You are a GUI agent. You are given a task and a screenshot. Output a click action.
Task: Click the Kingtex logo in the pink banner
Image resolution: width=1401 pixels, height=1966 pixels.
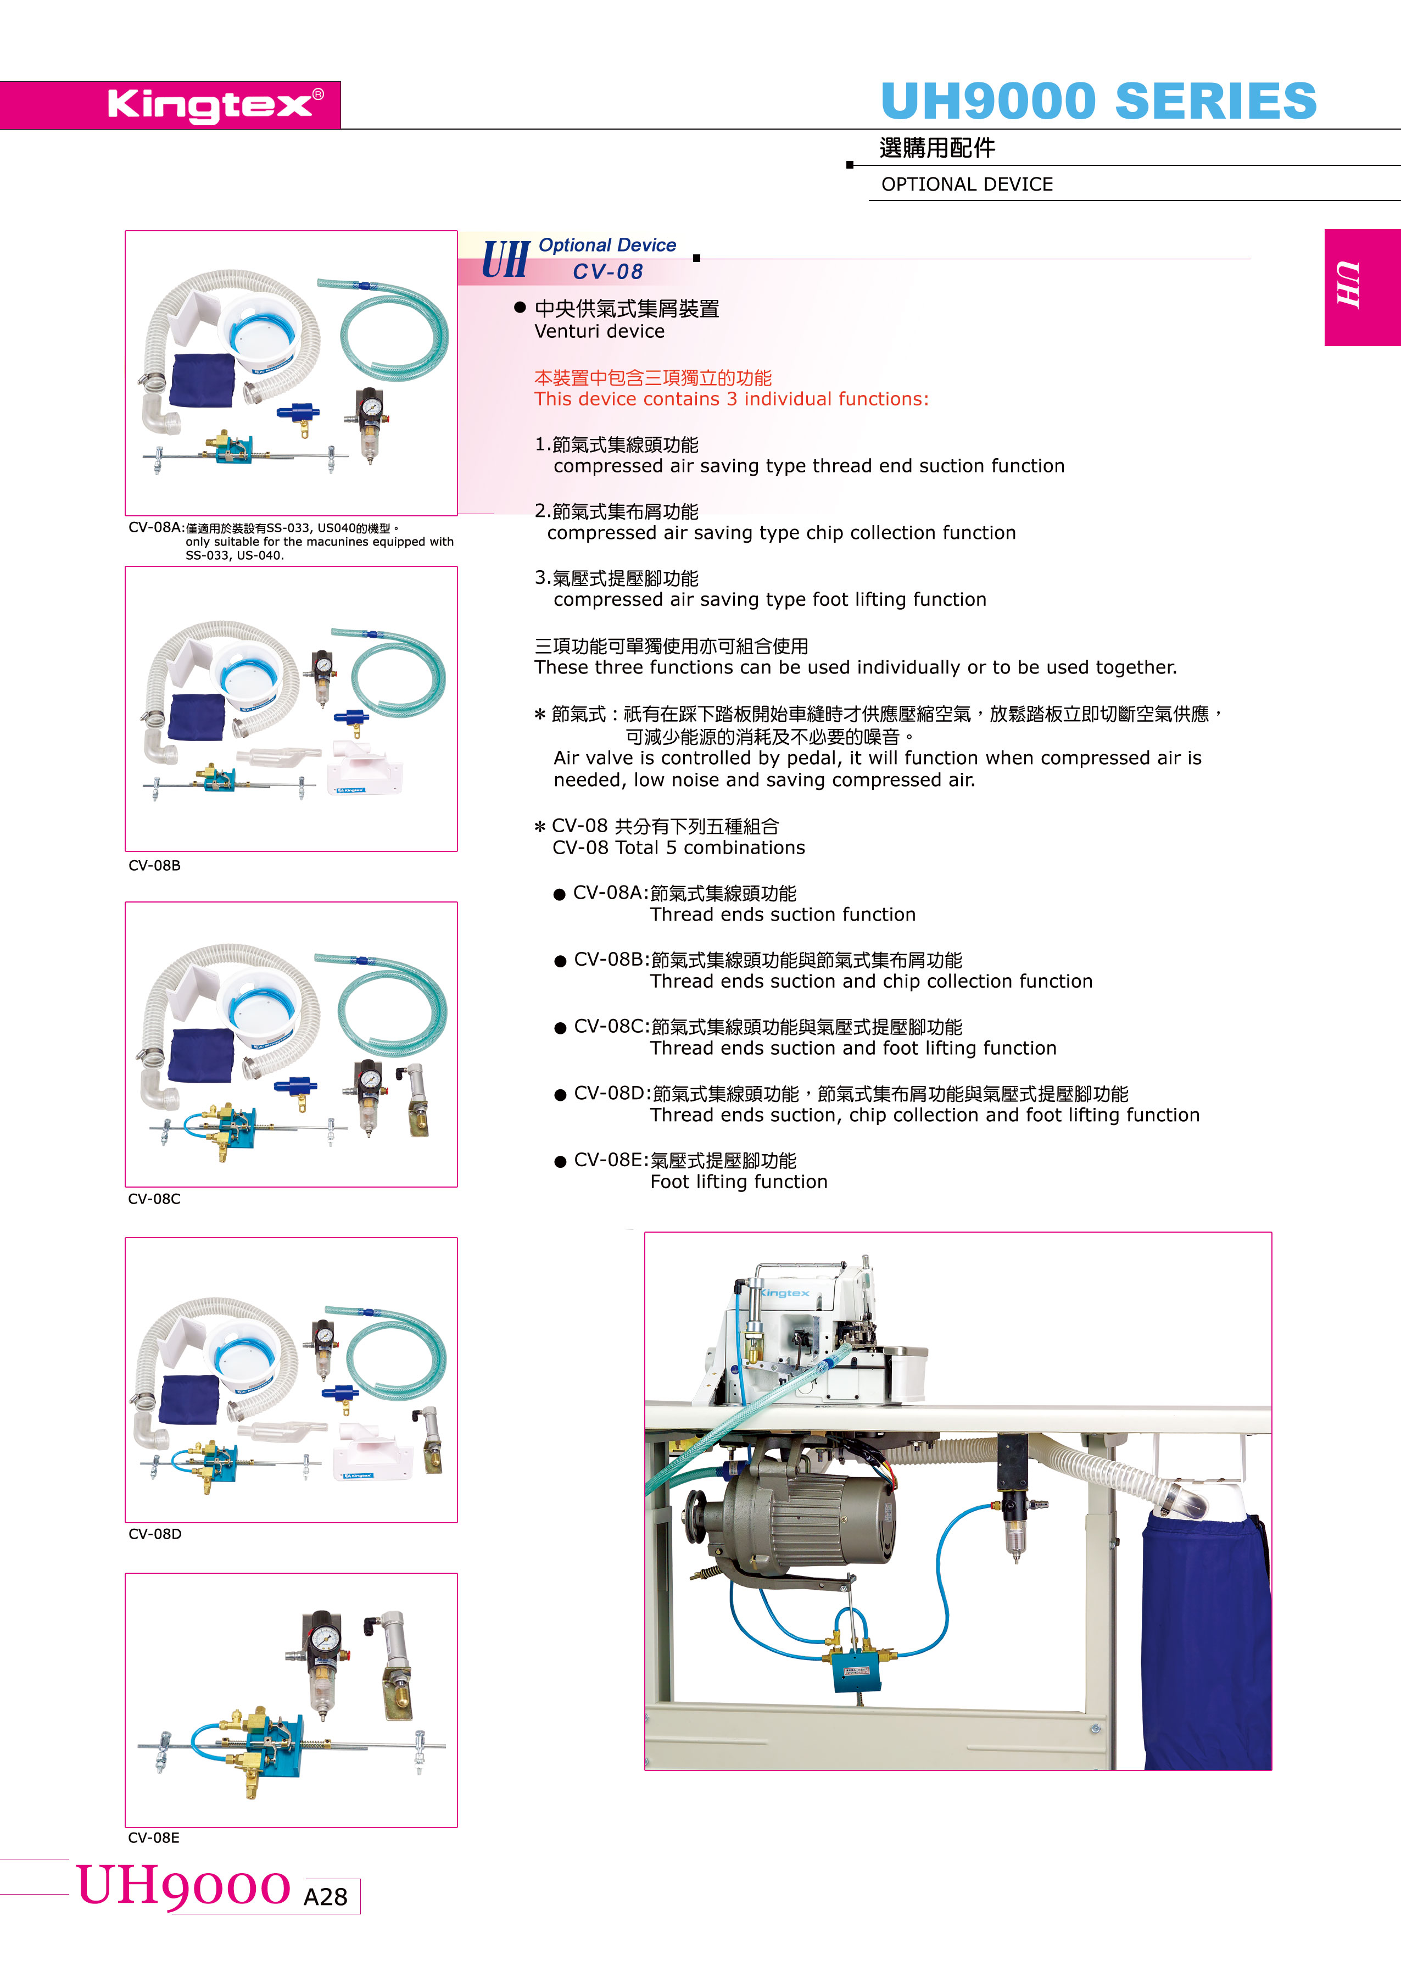[216, 104]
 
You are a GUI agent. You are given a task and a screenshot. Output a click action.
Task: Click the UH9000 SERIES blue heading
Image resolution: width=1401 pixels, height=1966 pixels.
[1098, 101]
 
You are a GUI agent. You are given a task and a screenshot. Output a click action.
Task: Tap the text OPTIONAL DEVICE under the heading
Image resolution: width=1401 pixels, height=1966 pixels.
[967, 184]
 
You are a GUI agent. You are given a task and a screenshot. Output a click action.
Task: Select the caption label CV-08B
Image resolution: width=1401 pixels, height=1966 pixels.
[154, 865]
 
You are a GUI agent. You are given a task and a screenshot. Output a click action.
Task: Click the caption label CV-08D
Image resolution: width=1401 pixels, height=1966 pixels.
[154, 1533]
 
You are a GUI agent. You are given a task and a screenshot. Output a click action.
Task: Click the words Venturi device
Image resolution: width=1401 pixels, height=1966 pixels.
[600, 331]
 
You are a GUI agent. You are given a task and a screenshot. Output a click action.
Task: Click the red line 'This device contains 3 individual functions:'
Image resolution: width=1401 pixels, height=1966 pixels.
[732, 399]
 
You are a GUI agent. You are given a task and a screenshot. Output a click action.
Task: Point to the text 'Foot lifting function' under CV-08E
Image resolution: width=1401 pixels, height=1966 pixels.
[739, 1181]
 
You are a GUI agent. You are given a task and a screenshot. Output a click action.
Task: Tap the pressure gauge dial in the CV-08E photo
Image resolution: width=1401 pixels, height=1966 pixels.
[325, 1638]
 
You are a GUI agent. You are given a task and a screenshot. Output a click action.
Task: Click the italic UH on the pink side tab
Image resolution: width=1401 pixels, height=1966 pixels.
[1348, 284]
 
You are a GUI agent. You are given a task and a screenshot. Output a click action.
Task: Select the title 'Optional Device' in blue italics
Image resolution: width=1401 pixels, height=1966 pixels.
[607, 245]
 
